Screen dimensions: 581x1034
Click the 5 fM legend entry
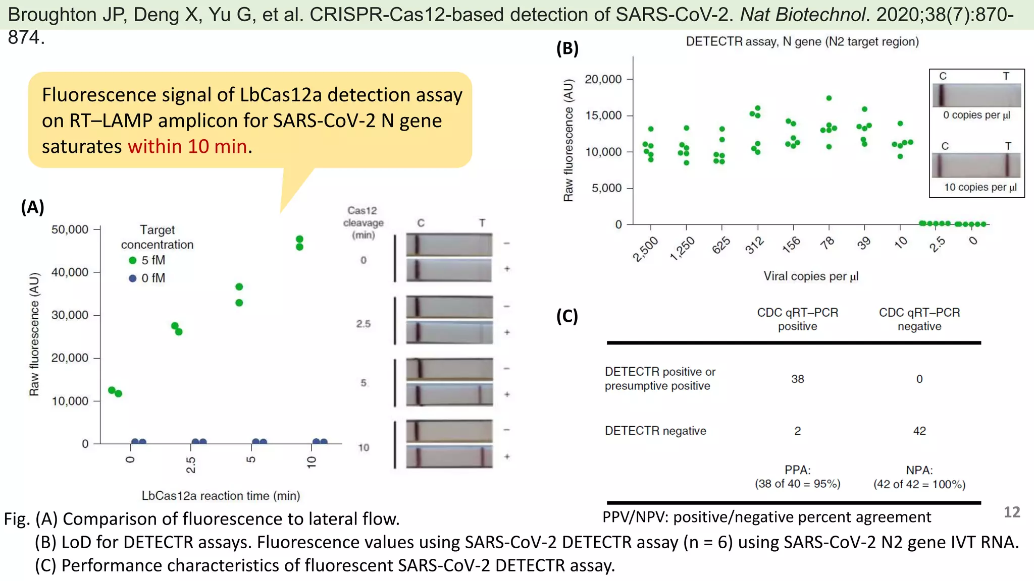(147, 260)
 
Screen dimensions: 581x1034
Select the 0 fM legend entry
(147, 278)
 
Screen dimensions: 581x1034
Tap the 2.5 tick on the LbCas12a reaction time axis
(191, 464)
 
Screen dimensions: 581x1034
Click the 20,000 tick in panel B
(603, 79)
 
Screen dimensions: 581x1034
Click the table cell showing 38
(797, 379)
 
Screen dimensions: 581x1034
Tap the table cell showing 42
(919, 431)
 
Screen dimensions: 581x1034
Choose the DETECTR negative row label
(655, 431)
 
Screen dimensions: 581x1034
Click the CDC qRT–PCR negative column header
(919, 319)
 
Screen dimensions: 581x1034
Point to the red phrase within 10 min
(187, 146)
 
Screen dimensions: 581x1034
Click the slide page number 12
(1011, 512)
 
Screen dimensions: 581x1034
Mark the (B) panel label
(567, 48)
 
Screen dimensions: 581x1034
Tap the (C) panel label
(567, 316)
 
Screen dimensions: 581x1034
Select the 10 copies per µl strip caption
(980, 187)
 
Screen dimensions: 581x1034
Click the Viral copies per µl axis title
(810, 276)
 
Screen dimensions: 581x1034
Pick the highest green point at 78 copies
(829, 98)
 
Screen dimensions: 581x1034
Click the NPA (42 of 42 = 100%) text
(919, 477)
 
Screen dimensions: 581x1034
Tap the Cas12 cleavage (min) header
(363, 222)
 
